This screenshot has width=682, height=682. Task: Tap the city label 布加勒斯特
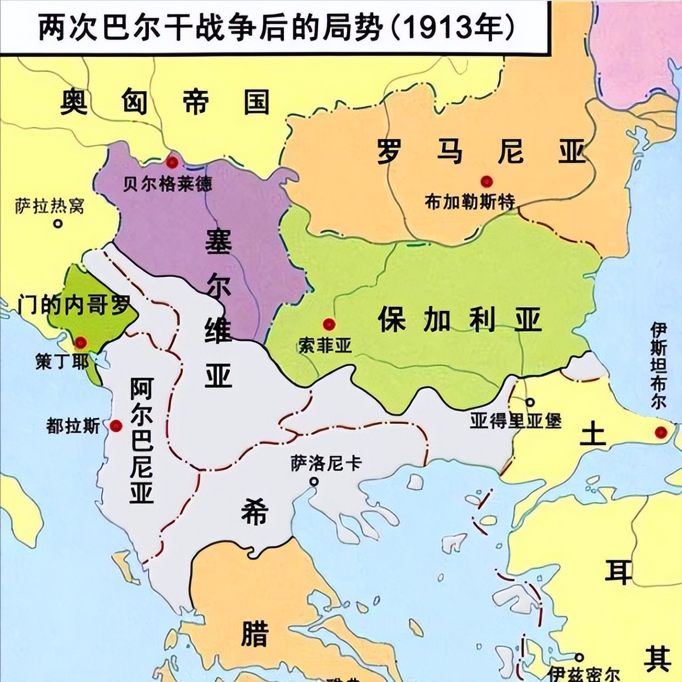(470, 202)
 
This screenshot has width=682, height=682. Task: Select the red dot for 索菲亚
(329, 324)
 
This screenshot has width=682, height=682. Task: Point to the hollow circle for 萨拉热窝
(58, 223)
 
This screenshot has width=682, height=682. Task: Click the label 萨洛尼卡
(326, 464)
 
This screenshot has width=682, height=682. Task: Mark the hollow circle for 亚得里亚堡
(530, 403)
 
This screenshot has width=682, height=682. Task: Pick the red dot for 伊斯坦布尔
(661, 433)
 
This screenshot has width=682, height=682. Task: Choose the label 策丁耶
(62, 361)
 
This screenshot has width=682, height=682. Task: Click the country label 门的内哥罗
(74, 305)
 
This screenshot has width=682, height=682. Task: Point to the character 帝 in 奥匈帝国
(195, 102)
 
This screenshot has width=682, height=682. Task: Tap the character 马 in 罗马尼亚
(449, 152)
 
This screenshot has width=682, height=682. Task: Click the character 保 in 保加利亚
(392, 320)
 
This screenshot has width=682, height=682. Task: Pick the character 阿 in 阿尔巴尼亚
(141, 389)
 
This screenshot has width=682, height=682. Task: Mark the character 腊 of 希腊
(255, 633)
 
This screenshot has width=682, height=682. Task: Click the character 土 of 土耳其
(593, 435)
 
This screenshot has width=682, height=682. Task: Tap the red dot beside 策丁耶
(81, 342)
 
